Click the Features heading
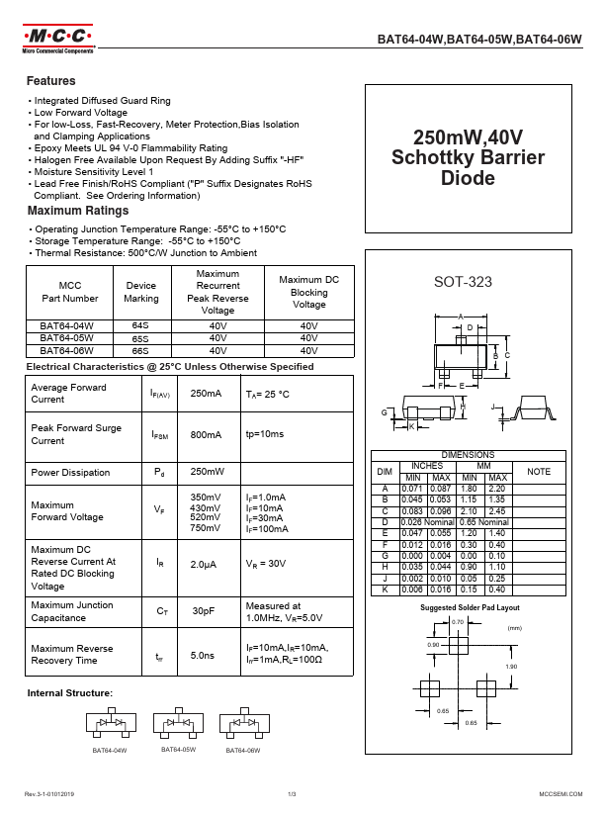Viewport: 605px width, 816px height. [51, 81]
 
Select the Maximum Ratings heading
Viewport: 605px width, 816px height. [78, 211]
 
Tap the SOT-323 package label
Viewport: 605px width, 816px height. [463, 282]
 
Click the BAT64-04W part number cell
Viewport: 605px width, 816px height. [66, 324]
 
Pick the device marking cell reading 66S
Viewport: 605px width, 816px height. [139, 350]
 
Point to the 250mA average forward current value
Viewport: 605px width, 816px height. [206, 394]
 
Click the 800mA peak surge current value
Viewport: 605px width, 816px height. [206, 434]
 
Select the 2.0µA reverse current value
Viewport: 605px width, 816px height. [205, 563]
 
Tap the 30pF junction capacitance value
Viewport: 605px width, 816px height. [204, 611]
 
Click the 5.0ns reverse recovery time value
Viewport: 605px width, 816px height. [203, 655]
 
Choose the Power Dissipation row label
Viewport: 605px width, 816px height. [71, 473]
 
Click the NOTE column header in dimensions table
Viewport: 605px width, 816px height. [539, 472]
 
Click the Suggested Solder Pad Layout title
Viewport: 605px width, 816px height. [470, 607]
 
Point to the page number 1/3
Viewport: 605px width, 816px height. [293, 794]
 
